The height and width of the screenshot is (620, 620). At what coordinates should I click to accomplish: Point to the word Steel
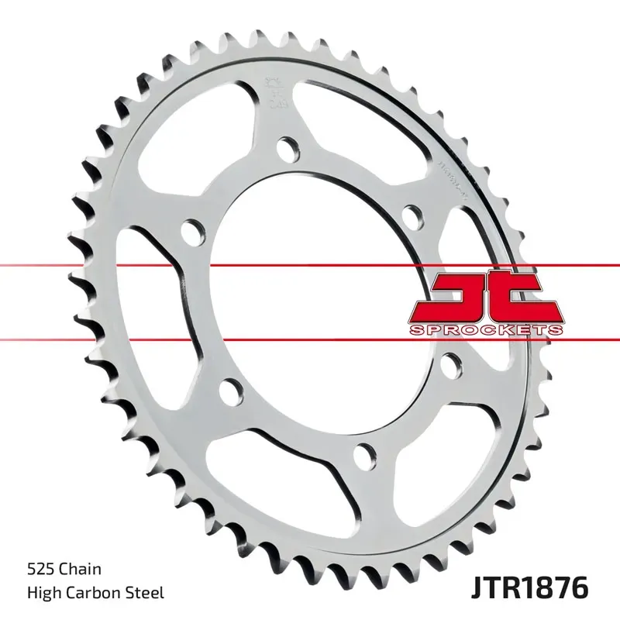[146, 594]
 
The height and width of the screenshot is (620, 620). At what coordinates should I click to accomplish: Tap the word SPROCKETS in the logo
[485, 330]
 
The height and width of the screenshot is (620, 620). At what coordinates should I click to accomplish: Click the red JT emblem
[484, 298]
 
